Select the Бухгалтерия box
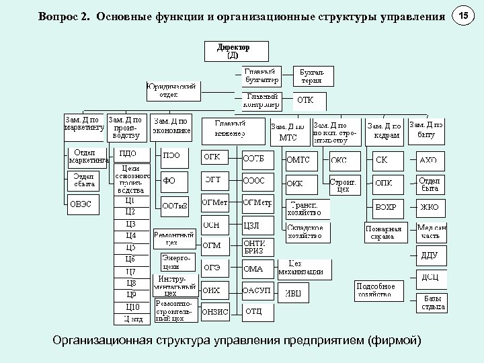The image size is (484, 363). coord(311,76)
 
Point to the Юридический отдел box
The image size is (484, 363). coord(173,90)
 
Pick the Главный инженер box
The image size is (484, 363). coord(231,128)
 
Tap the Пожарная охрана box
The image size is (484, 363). coord(384,232)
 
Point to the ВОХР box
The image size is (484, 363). coord(386,207)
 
